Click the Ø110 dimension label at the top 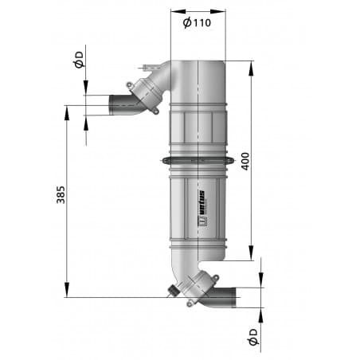(x=197, y=23)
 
